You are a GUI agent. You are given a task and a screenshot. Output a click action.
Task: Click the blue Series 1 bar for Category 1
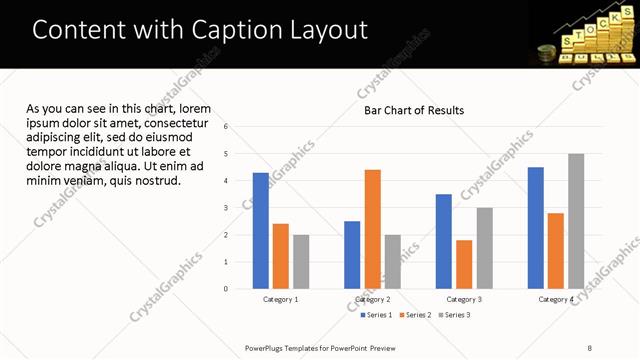click(x=260, y=230)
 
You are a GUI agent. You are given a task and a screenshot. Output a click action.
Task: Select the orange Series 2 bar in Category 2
click(x=372, y=229)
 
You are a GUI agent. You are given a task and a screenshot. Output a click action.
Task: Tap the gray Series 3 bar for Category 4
click(x=575, y=221)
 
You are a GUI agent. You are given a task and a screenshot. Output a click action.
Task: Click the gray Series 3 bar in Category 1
click(x=300, y=261)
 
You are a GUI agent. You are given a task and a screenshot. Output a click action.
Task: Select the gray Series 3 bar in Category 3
click(x=484, y=248)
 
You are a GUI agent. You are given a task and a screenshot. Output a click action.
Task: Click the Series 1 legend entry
click(x=376, y=315)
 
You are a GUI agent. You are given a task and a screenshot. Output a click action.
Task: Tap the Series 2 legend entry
click(x=415, y=315)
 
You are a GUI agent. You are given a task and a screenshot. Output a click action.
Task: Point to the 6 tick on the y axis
click(x=226, y=127)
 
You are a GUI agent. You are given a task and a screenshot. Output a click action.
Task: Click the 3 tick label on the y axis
click(x=226, y=208)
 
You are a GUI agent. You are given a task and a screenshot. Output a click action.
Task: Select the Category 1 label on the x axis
click(x=280, y=299)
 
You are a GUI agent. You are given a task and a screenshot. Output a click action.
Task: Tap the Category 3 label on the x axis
click(x=464, y=299)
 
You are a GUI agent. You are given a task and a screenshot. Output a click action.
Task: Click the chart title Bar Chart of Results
click(x=413, y=110)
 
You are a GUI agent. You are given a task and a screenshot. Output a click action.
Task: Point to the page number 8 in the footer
click(x=589, y=347)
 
